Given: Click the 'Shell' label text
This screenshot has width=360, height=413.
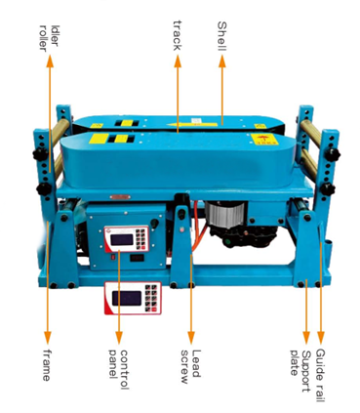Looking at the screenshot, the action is click(x=221, y=36).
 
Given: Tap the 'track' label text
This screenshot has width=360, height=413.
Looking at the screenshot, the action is click(x=178, y=35).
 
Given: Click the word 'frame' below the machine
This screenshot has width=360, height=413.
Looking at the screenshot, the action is click(x=47, y=365).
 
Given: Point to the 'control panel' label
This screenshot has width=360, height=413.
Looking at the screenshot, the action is click(x=119, y=369).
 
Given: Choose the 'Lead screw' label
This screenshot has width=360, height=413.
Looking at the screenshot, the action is click(x=191, y=366).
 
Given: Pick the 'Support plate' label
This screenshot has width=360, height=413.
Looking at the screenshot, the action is click(x=300, y=371).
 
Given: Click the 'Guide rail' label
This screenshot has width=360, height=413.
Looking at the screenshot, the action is click(x=321, y=375).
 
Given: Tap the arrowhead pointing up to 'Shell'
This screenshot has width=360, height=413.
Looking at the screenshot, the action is click(x=222, y=61).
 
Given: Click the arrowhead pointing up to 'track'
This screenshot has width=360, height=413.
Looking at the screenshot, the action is click(x=178, y=61).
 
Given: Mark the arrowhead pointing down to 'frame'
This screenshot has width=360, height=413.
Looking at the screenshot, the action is click(x=48, y=338).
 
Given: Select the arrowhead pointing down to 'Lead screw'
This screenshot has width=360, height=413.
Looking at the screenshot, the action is click(x=191, y=338).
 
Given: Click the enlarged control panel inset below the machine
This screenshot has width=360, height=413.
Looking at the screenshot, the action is click(x=133, y=298).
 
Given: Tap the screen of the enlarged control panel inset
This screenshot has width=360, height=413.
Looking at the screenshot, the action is click(x=127, y=298).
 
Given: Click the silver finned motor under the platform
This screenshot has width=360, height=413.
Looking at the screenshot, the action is click(x=225, y=213).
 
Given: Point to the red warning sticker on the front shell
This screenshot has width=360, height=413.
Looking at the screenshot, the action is click(x=264, y=140).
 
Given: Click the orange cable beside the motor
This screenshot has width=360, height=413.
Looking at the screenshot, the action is click(x=199, y=227).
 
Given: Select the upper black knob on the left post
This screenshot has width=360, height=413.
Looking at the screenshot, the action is click(x=40, y=153).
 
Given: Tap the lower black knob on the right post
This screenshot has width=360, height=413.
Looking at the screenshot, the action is click(x=327, y=189).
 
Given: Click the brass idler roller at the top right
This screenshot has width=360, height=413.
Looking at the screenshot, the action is click(x=310, y=133).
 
